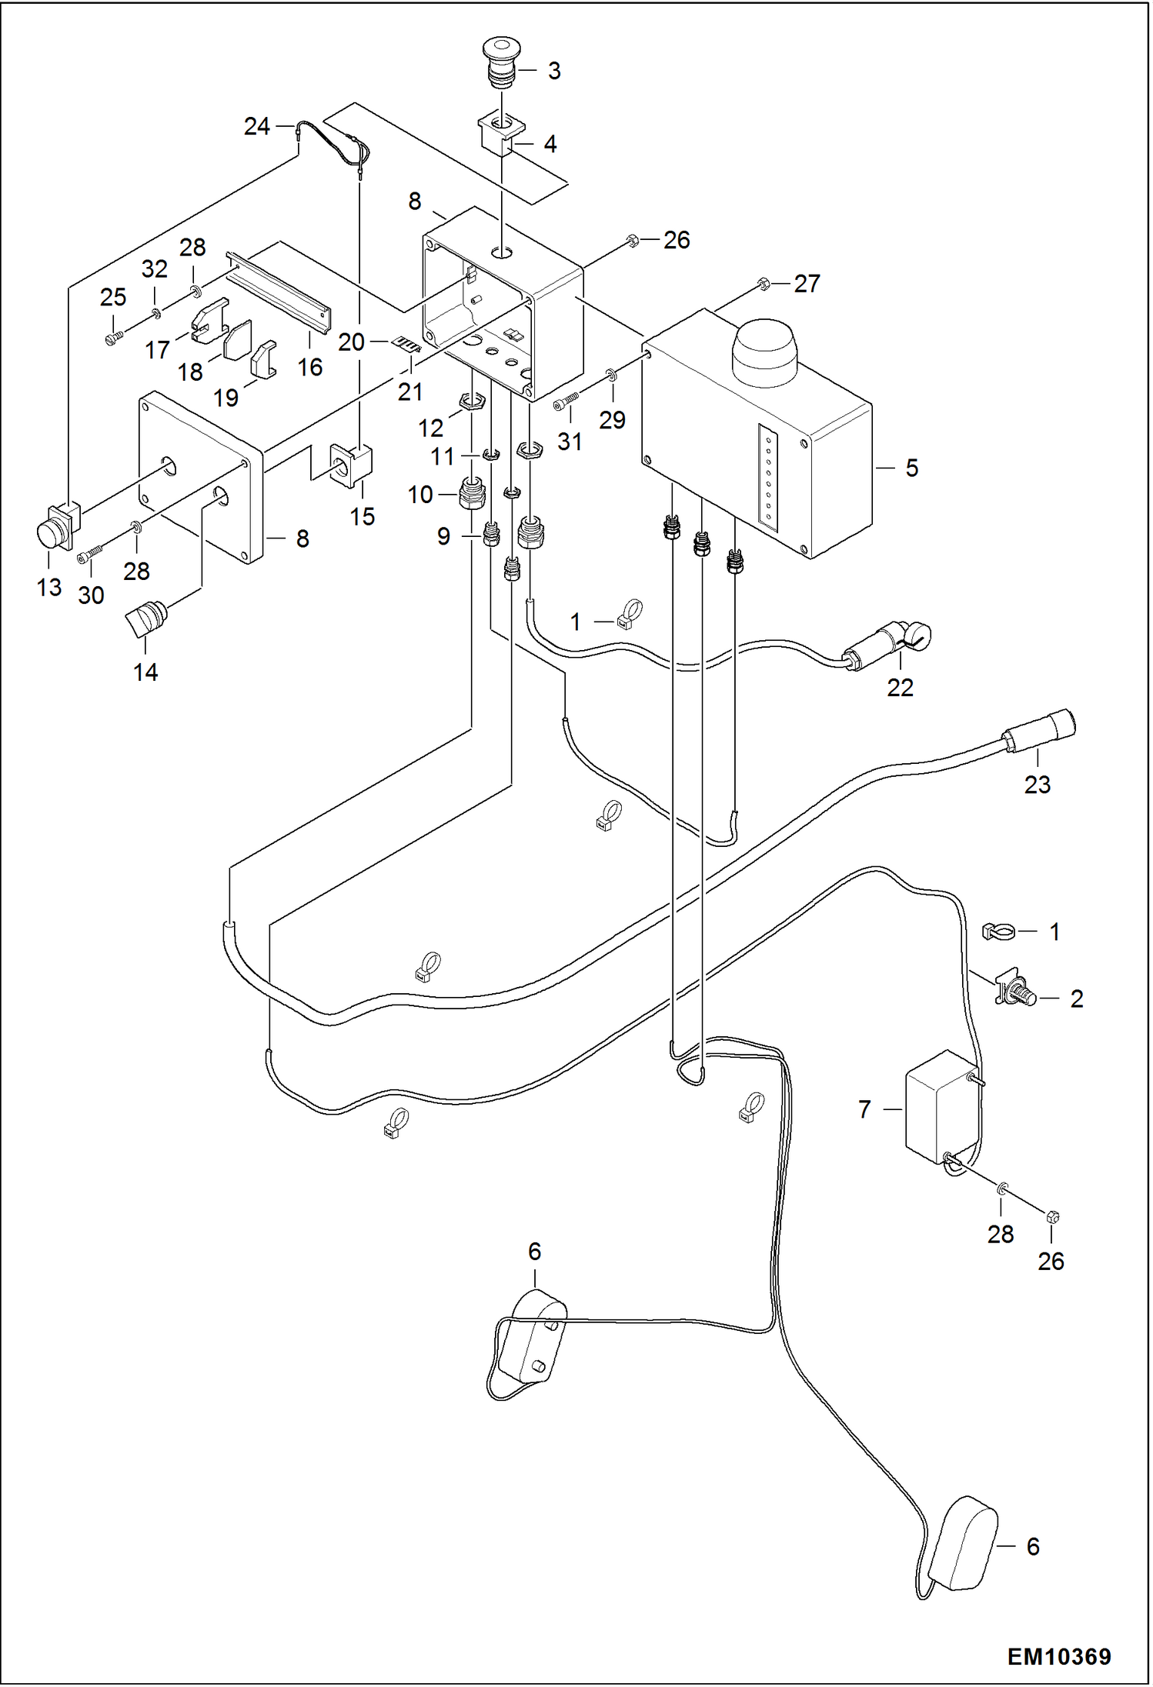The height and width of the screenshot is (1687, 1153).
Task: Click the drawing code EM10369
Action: (x=1058, y=1655)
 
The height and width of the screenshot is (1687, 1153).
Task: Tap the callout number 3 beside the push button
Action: (x=554, y=71)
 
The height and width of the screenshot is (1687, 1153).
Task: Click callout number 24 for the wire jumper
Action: (x=256, y=126)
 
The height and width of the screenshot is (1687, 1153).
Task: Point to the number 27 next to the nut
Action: (x=807, y=284)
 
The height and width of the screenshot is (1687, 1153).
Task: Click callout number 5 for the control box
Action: (x=911, y=468)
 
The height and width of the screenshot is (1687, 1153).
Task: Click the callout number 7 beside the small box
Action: (x=864, y=1109)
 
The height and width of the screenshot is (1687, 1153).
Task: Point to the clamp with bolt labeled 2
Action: (x=1017, y=992)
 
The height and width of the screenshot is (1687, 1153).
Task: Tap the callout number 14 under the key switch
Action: (x=145, y=672)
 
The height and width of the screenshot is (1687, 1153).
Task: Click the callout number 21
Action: (x=410, y=392)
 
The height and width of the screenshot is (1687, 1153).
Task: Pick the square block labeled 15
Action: (x=351, y=465)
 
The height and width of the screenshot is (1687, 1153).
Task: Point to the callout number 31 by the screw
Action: (x=570, y=442)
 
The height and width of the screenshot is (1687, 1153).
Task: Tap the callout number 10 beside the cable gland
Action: (x=420, y=495)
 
